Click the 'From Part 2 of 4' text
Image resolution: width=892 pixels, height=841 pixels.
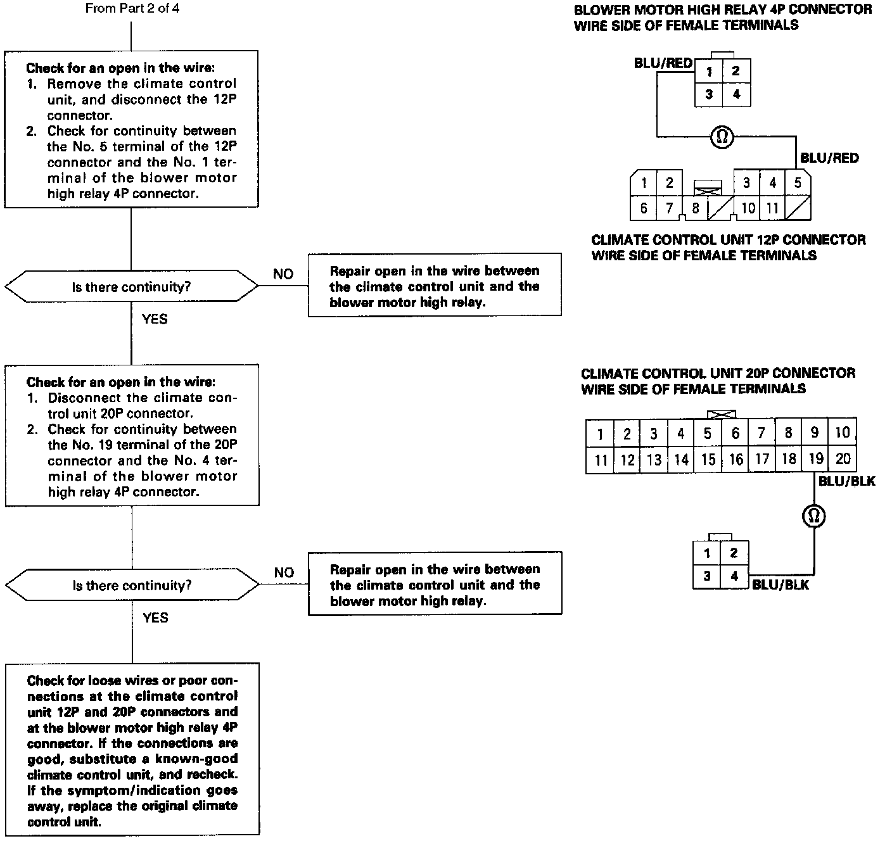pyautogui.click(x=131, y=9)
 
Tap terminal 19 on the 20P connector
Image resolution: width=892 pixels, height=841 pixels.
pyautogui.click(x=816, y=459)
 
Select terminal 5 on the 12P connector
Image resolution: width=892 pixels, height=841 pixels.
pyautogui.click(x=798, y=183)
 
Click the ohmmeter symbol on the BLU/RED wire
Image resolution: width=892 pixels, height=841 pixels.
pyautogui.click(x=721, y=136)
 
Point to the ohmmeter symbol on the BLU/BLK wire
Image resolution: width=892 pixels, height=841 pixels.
pyautogui.click(x=814, y=516)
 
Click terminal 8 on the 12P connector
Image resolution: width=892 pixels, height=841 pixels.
pyautogui.click(x=695, y=208)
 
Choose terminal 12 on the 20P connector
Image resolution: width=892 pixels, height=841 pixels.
pyautogui.click(x=627, y=460)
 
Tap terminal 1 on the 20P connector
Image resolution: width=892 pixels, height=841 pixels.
pyautogui.click(x=599, y=434)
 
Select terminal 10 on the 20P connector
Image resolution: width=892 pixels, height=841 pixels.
pyautogui.click(x=843, y=433)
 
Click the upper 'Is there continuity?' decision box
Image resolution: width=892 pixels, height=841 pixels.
pyautogui.click(x=131, y=287)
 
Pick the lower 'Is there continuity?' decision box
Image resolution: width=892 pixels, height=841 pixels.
pyautogui.click(x=131, y=585)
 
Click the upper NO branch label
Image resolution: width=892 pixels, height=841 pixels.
pyautogui.click(x=283, y=274)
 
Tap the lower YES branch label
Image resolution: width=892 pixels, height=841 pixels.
pyautogui.click(x=155, y=617)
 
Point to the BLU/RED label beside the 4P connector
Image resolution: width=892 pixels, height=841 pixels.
pyautogui.click(x=663, y=63)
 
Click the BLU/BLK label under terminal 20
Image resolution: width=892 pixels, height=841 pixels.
pyautogui.click(x=846, y=481)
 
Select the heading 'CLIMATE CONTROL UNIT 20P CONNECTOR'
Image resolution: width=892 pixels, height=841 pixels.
pyautogui.click(x=718, y=373)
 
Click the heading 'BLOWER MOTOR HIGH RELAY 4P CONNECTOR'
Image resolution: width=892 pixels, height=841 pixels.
pyautogui.click(x=723, y=9)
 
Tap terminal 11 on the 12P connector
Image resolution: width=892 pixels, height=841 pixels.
pyautogui.click(x=772, y=208)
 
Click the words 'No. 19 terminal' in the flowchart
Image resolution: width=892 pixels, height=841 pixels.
pyautogui.click(x=130, y=445)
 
